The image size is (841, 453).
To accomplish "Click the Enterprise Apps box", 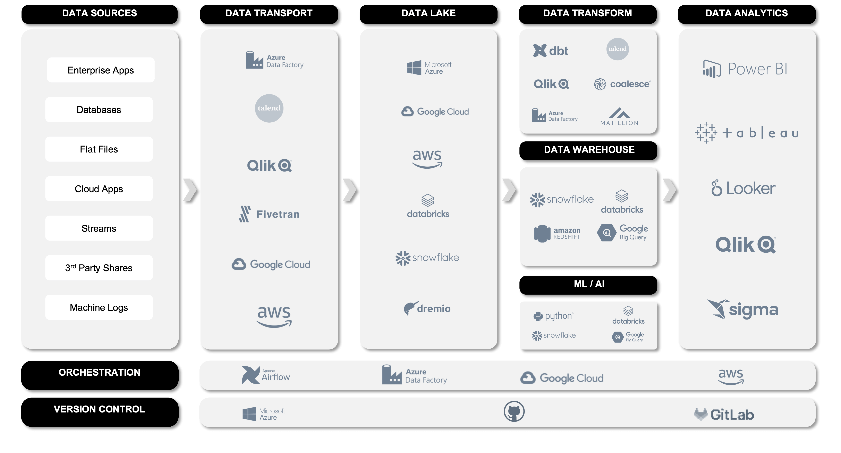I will tap(101, 70).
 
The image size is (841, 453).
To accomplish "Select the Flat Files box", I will tap(99, 149).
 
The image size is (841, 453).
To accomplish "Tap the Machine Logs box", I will tap(99, 307).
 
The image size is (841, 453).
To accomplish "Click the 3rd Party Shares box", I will tap(99, 268).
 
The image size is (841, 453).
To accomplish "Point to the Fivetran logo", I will tap(269, 214).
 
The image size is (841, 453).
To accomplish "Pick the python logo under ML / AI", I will tap(554, 316).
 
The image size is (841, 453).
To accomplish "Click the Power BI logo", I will tap(745, 69).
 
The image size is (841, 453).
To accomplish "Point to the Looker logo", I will tap(743, 188).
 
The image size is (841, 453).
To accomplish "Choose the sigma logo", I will tap(743, 309).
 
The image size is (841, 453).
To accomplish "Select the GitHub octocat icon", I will tap(514, 412).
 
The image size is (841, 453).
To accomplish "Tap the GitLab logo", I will tap(724, 415).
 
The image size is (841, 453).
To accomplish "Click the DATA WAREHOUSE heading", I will tap(589, 149).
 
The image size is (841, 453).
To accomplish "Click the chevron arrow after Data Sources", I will tap(190, 189).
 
